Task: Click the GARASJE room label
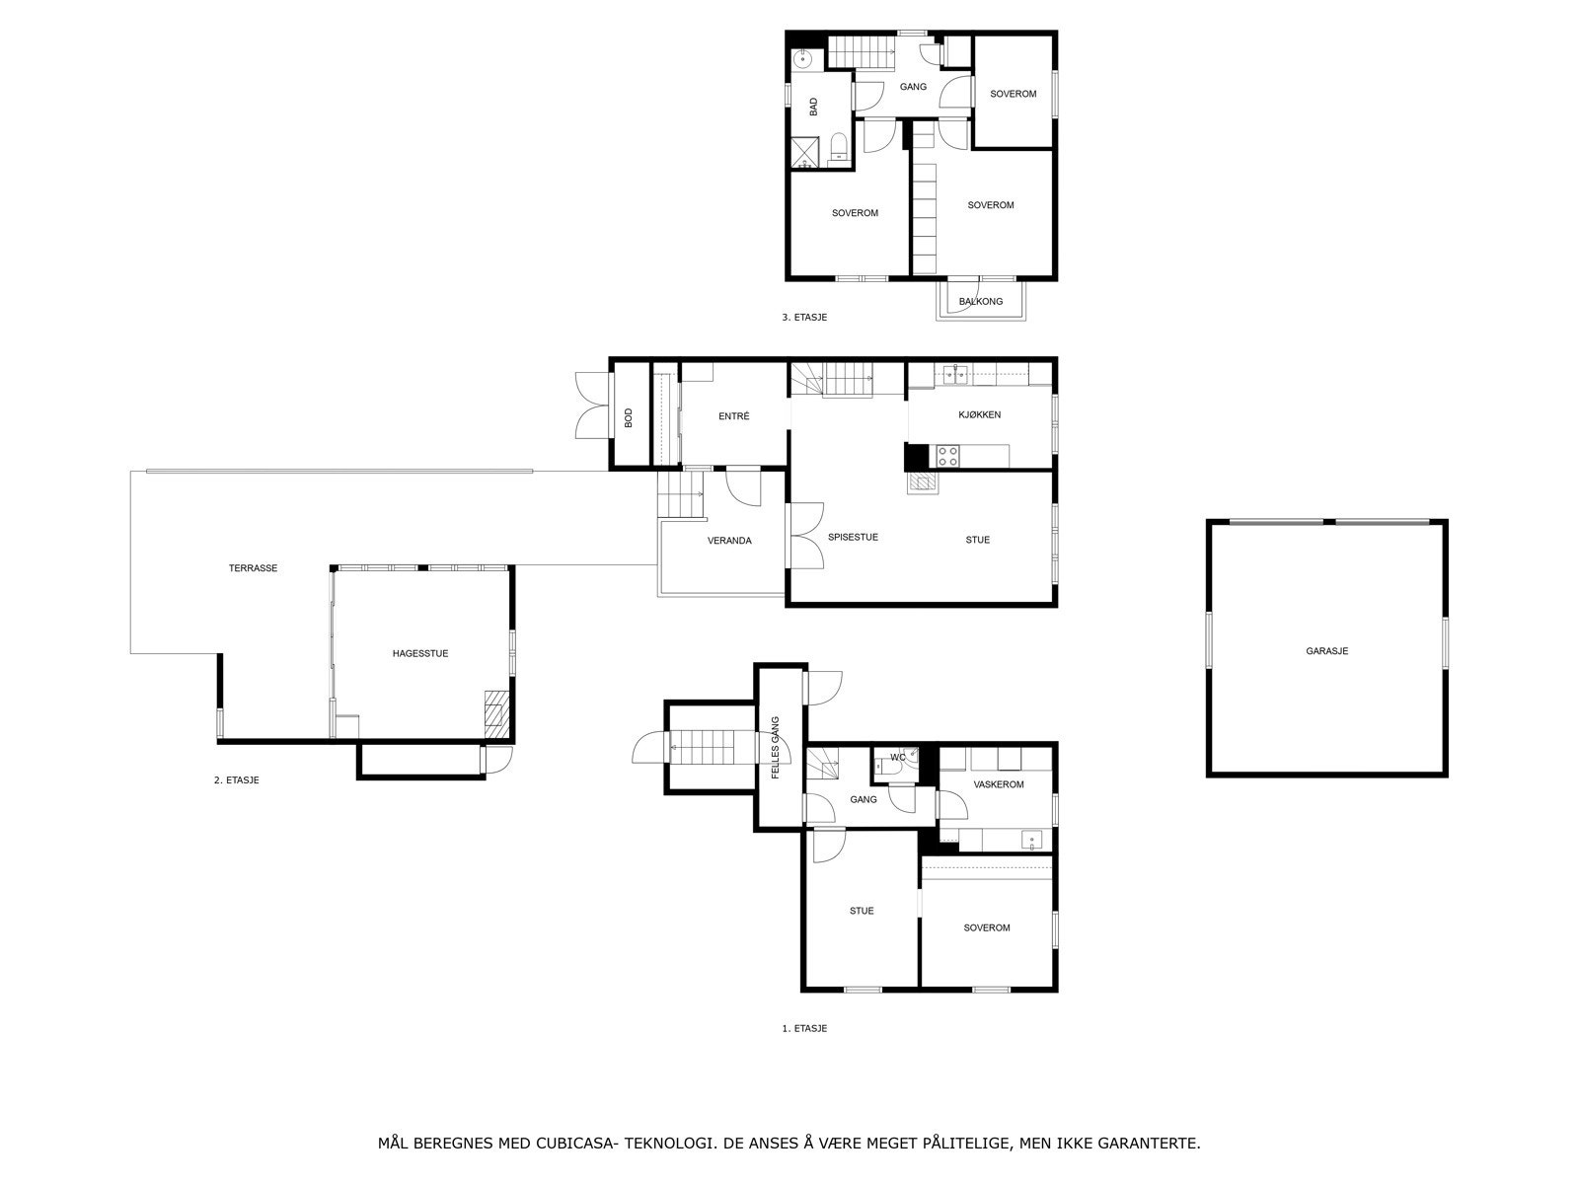click(1326, 651)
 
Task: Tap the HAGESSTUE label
click(420, 653)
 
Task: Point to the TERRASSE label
click(253, 568)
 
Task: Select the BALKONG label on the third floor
click(981, 301)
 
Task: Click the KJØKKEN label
click(979, 414)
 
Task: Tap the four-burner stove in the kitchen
click(947, 456)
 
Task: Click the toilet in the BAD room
click(838, 148)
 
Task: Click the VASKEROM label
click(999, 784)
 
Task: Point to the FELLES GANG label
click(775, 748)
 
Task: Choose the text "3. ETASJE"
click(804, 317)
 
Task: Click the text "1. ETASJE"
click(804, 1029)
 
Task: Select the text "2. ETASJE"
click(236, 780)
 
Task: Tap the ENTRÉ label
click(734, 416)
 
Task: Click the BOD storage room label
click(628, 417)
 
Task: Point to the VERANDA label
click(729, 541)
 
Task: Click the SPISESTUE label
click(853, 537)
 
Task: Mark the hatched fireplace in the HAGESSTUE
click(496, 713)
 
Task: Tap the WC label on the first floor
click(898, 757)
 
